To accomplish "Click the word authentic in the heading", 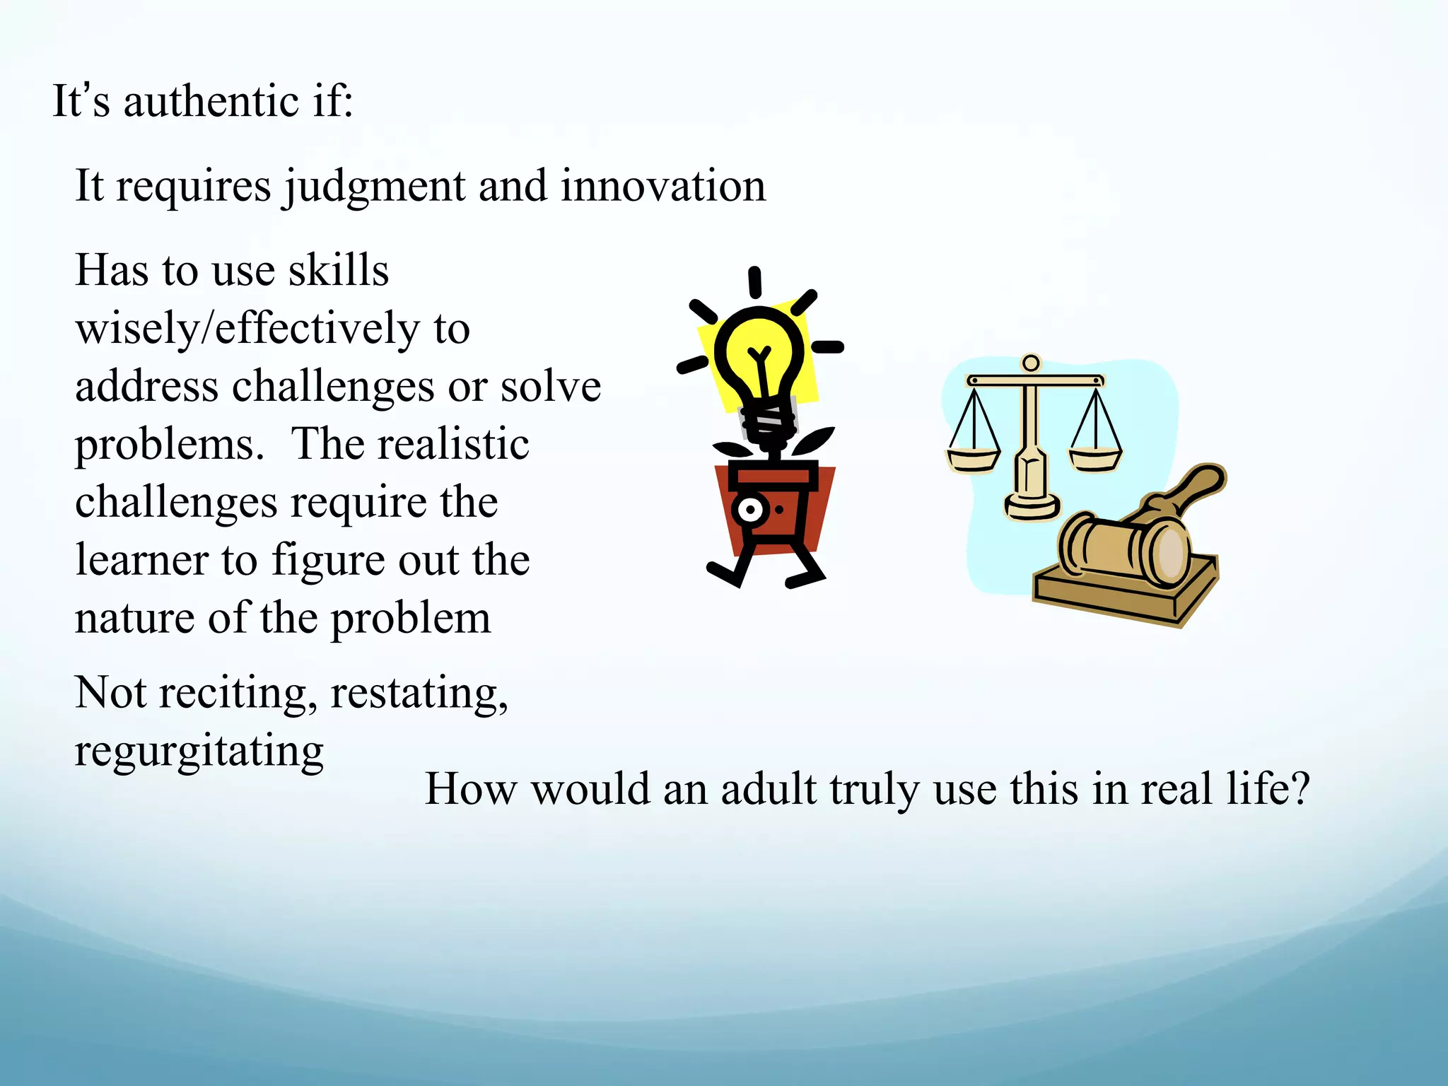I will pyautogui.click(x=211, y=101).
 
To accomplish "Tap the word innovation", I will pyautogui.click(x=662, y=186).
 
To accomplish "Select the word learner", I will pyautogui.click(x=141, y=561).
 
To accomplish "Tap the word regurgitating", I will pyautogui.click(x=199, y=752).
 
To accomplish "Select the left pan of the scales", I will pyautogui.click(x=973, y=459).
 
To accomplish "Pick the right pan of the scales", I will pyautogui.click(x=1094, y=459).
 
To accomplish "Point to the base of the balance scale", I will pyautogui.click(x=1032, y=506).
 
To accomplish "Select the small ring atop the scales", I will pyautogui.click(x=1031, y=363).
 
